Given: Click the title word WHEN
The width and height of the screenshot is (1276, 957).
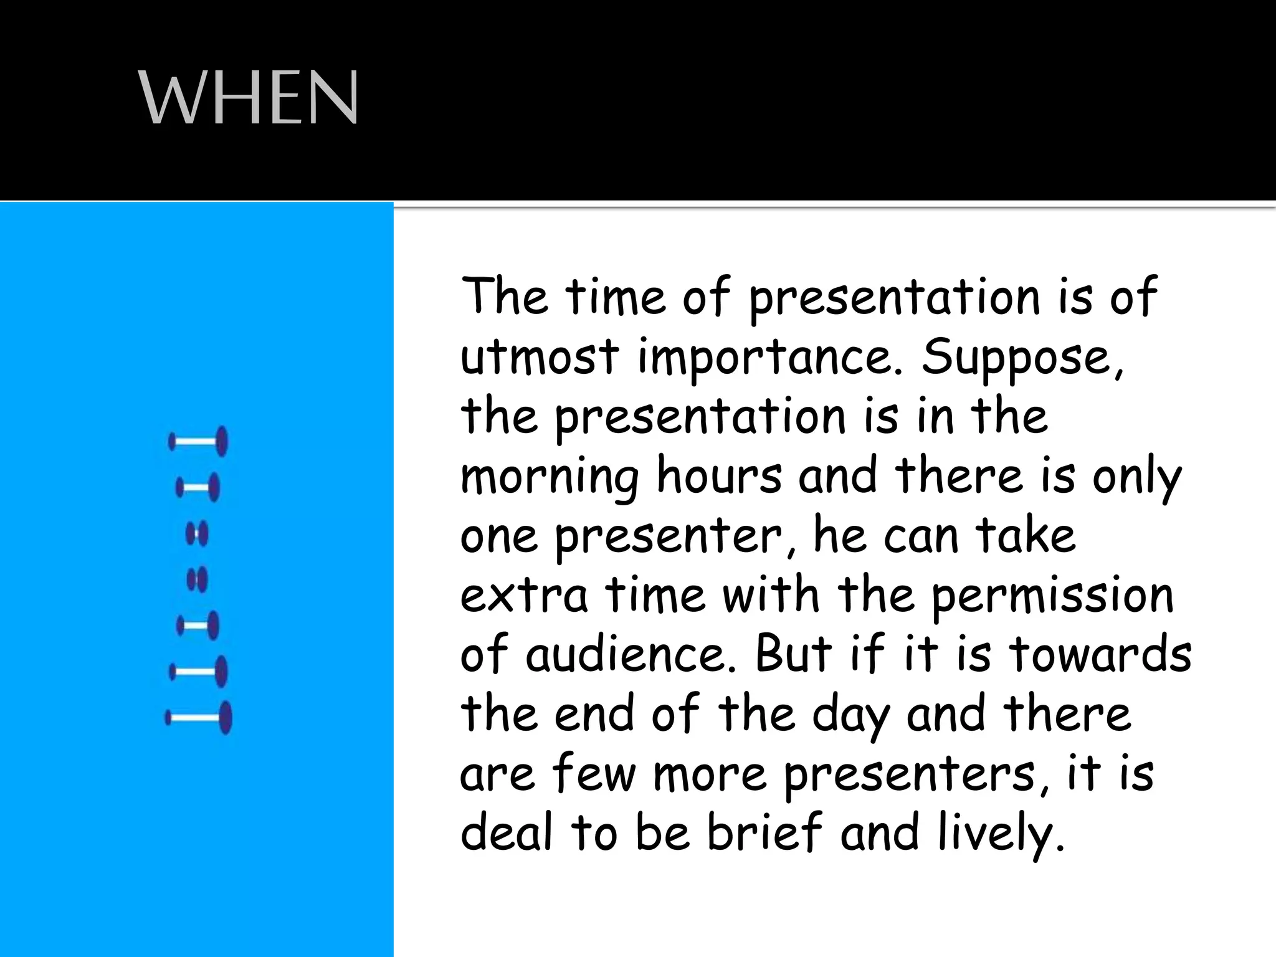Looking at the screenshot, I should [x=248, y=98].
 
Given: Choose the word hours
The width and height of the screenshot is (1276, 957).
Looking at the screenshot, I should [x=720, y=476].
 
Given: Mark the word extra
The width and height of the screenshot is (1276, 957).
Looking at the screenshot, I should [x=524, y=596].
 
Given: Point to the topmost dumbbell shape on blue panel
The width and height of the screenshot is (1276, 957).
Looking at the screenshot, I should [x=198, y=442].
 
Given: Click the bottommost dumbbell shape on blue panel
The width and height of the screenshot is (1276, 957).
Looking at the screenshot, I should [x=199, y=718].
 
